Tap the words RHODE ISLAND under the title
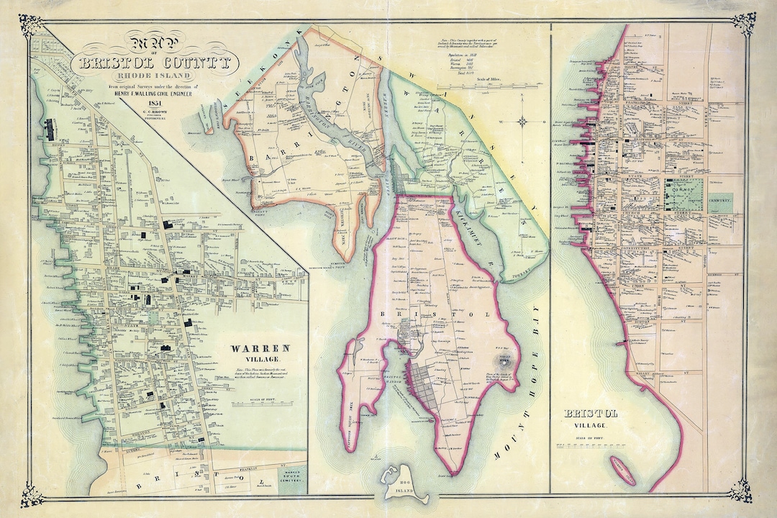coord(156,76)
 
